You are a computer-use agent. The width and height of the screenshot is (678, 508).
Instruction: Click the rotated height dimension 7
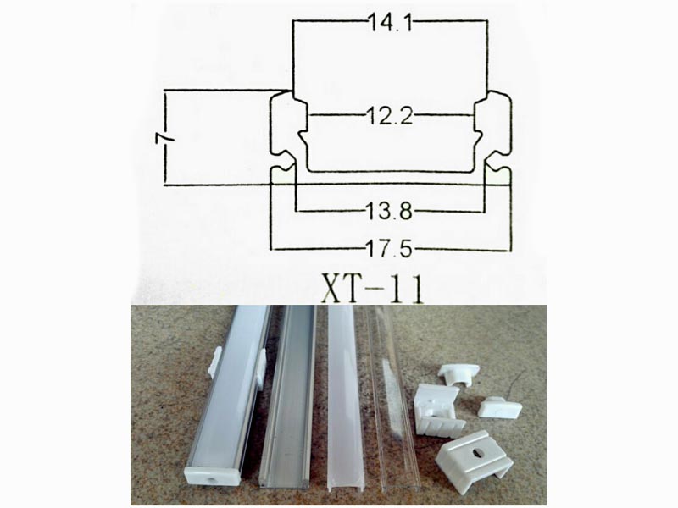tap(167, 136)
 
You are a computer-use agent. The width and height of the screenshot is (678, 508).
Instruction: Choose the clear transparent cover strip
tap(386, 398)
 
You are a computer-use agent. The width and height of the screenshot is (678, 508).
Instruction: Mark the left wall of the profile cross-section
tap(280, 135)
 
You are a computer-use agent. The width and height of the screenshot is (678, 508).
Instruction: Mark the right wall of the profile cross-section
tap(502, 135)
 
